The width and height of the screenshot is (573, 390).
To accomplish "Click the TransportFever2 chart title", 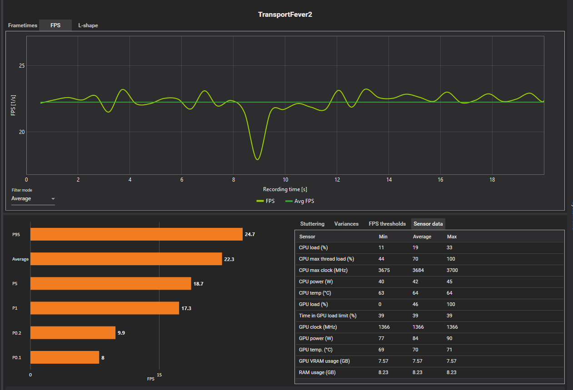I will click(x=285, y=14).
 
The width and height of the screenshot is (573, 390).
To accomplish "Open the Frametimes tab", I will click(x=23, y=25).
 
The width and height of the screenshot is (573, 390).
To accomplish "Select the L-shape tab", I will click(x=88, y=25).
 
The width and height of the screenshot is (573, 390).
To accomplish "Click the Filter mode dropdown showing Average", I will click(x=33, y=199).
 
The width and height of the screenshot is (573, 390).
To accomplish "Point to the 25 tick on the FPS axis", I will click(x=22, y=66).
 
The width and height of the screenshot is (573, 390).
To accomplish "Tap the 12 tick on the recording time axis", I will click(x=337, y=180).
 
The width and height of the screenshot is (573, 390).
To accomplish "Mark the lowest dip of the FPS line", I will click(x=258, y=159).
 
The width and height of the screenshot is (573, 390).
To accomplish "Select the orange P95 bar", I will click(x=136, y=234).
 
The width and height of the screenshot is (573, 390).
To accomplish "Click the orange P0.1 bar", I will click(x=65, y=357).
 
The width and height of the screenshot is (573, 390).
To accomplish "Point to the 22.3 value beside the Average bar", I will click(x=229, y=259).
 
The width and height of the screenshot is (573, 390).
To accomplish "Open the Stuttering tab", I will click(x=312, y=224).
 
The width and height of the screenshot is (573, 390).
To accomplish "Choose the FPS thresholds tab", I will click(x=387, y=224).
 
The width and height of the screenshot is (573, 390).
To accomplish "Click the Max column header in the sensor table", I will click(x=452, y=237).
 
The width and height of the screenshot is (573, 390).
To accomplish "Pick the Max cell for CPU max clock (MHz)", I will click(x=453, y=270).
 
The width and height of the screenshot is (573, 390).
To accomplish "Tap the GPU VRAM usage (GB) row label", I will click(x=324, y=361).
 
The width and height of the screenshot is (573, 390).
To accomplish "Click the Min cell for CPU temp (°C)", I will click(x=382, y=293).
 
